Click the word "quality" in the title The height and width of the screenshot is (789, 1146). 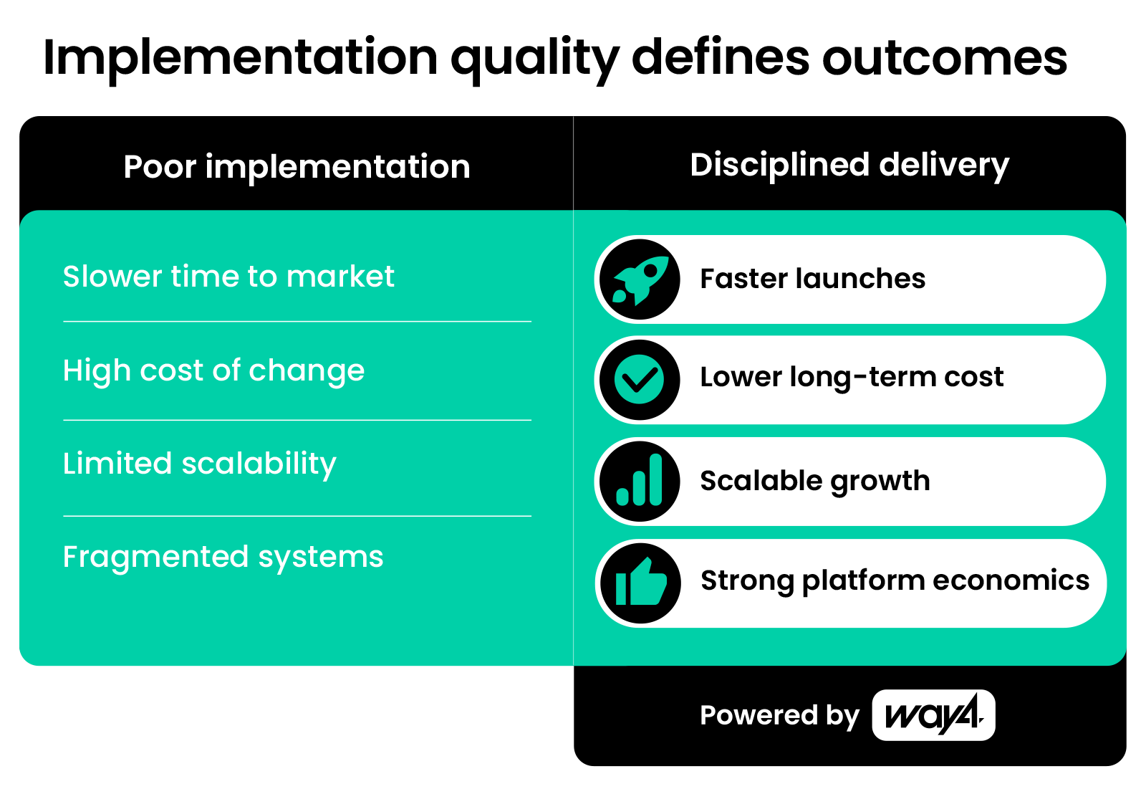535,59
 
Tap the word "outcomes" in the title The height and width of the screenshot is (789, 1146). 945,58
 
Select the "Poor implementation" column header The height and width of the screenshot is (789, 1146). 297,167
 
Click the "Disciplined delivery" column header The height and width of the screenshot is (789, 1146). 849,166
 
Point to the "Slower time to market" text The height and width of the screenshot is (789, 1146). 228,277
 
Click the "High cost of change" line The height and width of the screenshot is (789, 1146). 214,370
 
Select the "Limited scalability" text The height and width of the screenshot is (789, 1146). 200,464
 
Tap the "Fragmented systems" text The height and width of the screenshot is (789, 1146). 223,558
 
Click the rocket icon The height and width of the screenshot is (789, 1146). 640,279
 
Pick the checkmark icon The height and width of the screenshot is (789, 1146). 640,380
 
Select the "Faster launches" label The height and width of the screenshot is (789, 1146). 812,279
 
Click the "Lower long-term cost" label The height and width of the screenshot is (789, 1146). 852,378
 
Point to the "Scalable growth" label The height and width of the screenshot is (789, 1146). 815,482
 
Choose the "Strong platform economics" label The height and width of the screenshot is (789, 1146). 895,581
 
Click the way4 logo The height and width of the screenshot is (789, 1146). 934,715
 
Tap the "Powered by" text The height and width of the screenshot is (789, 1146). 780,716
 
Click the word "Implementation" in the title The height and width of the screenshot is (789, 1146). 241,59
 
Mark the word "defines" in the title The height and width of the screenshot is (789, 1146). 721,57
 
